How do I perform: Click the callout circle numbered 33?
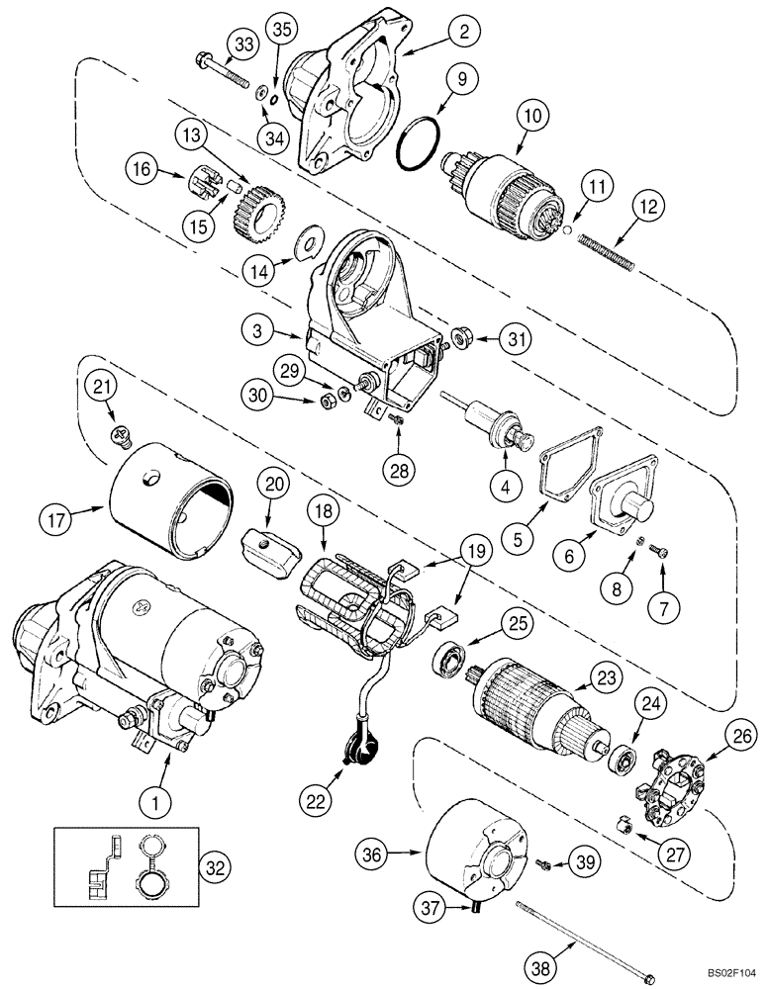(x=243, y=45)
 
